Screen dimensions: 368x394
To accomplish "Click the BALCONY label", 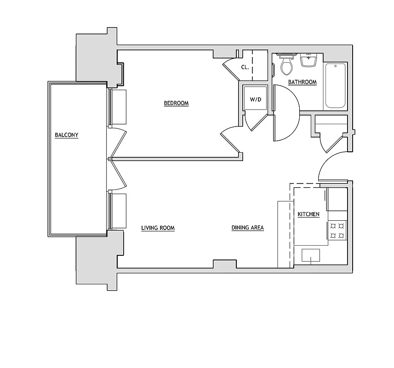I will coord(67,135).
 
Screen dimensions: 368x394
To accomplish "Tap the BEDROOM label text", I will coord(176,103).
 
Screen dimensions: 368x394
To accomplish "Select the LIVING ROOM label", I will coord(158,228).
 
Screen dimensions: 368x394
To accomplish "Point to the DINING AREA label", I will coord(247,228).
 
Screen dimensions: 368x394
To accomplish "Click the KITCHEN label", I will coord(308,215).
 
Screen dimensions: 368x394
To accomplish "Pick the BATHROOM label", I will coord(302,82).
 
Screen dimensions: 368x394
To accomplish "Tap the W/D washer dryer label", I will coord(255,99).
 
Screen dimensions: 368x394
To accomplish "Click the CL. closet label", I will coord(245,67).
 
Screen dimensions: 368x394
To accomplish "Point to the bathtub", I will coord(335,86).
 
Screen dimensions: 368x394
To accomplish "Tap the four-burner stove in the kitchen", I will coord(337,230).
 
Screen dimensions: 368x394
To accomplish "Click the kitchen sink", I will coord(311,255).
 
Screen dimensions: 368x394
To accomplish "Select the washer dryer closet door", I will coord(255,121).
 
